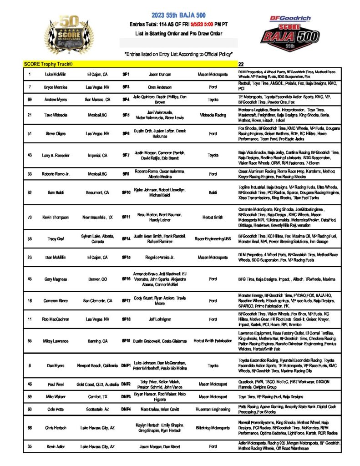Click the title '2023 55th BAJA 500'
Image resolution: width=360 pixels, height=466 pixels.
click(x=181, y=15)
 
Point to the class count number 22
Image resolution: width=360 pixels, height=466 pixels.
click(x=241, y=65)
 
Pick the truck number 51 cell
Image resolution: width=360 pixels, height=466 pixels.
click(x=30, y=134)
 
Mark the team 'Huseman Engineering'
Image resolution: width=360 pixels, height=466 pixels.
click(x=213, y=409)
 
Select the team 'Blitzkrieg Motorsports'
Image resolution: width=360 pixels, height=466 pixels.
click(x=213, y=428)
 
